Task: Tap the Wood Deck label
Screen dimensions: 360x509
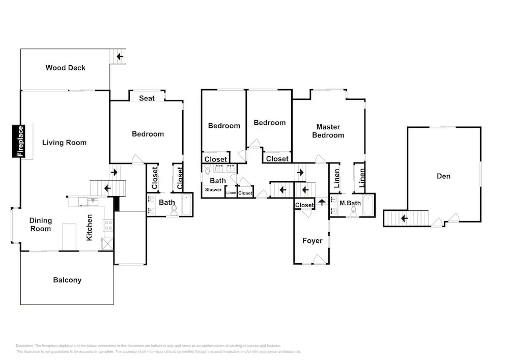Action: (66, 68)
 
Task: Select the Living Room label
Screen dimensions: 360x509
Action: (64, 143)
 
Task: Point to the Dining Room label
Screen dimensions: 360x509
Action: (40, 225)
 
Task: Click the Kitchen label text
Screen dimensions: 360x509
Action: (90, 227)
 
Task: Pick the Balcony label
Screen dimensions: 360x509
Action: (67, 280)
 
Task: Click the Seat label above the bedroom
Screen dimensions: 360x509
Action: (147, 98)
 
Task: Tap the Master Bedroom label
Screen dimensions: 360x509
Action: (328, 131)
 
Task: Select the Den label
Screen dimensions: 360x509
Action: (443, 176)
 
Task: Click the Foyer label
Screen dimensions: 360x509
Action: (312, 241)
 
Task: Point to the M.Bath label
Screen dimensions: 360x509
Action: (350, 204)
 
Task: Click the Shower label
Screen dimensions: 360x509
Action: (213, 190)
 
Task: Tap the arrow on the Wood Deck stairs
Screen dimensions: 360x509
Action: (120, 56)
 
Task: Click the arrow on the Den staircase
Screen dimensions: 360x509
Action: (404, 218)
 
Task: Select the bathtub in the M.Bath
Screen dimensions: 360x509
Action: (367, 205)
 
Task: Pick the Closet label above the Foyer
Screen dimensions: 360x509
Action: (304, 205)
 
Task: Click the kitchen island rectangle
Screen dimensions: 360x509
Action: (69, 237)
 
